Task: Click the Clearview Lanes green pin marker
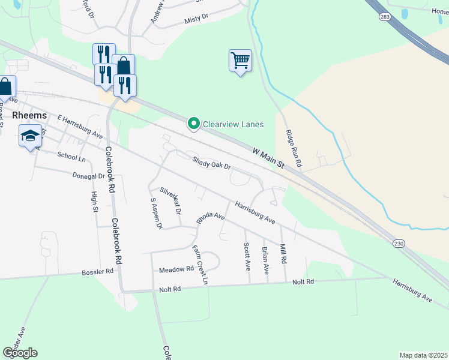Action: [194, 124]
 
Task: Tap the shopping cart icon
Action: [240, 61]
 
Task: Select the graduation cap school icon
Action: [30, 136]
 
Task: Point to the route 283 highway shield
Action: [385, 17]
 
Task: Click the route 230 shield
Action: [399, 243]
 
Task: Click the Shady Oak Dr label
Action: [211, 163]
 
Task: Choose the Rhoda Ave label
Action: [210, 217]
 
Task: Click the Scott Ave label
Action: [246, 255]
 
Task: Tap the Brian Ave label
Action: [265, 260]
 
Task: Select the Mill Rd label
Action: [283, 254]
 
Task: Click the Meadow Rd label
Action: [176, 269]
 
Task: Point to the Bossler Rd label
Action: [97, 272]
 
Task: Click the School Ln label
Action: [71, 157]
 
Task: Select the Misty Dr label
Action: [196, 20]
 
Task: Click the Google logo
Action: [20, 352]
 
